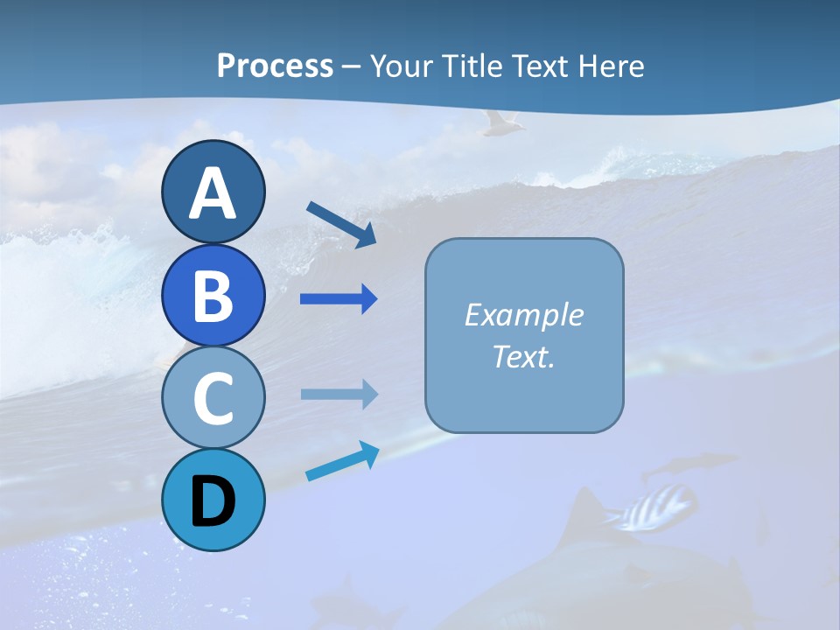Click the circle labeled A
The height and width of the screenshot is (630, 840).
click(213, 192)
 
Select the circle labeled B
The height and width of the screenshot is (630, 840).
click(213, 295)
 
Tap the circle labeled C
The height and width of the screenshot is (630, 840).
click(213, 398)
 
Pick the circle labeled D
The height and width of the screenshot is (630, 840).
click(213, 500)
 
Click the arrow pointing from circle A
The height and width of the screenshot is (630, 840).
click(341, 224)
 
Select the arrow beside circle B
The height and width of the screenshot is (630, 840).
click(339, 299)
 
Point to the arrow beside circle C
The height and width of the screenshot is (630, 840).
click(339, 395)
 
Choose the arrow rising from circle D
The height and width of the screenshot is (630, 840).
click(342, 461)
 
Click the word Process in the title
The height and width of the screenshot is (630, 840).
click(275, 66)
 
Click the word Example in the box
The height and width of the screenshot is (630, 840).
click(523, 315)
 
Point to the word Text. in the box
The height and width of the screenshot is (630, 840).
click(523, 356)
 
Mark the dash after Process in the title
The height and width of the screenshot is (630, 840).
click(352, 66)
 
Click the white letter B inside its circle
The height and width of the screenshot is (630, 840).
click(213, 296)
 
